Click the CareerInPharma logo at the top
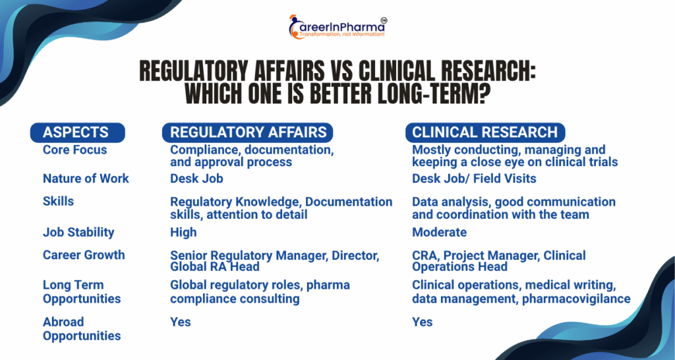[337, 26]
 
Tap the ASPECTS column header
[78, 133]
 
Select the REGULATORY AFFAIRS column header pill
[248, 133]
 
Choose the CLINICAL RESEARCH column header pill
[485, 133]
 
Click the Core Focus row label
[75, 150]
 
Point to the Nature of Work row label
[86, 178]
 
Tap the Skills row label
[58, 201]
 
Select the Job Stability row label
[78, 232]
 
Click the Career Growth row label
[84, 255]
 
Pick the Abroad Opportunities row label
[82, 328]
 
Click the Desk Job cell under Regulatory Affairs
[196, 178]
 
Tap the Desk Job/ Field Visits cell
[474, 178]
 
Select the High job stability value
[183, 232]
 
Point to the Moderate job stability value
[439, 232]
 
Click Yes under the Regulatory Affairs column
[181, 322]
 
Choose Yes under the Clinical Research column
[423, 322]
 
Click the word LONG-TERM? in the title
[434, 94]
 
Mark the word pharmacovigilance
[576, 299]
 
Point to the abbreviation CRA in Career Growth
[425, 255]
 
